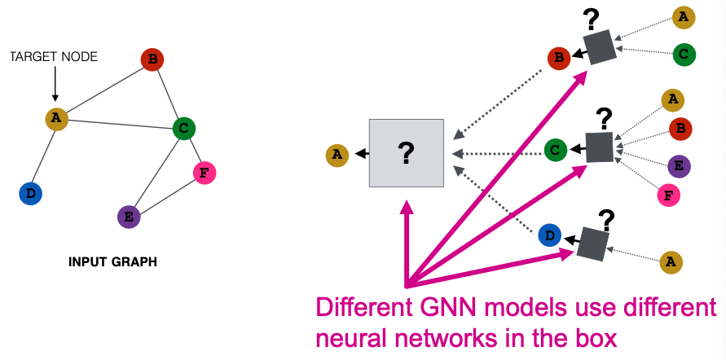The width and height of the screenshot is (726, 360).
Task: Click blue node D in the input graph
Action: tap(30, 193)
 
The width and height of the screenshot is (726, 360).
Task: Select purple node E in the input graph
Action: tap(129, 217)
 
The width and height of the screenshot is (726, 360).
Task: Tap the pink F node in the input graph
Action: tap(205, 173)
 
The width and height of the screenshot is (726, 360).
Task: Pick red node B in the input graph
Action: tap(152, 59)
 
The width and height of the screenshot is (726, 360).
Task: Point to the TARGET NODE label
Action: tap(54, 57)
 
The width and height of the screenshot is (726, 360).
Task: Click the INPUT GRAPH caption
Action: tap(112, 262)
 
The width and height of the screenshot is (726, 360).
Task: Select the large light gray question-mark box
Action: tap(406, 152)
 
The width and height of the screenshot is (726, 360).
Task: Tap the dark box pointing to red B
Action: tap(601, 48)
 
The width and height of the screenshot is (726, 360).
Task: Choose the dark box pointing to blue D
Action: tap(592, 242)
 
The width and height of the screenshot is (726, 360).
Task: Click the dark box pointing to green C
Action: tap(599, 148)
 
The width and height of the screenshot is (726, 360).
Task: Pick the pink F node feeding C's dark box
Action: tap(668, 195)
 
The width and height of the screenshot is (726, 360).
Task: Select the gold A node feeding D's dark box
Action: tap(671, 261)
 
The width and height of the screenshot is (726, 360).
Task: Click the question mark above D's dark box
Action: tap(606, 218)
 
